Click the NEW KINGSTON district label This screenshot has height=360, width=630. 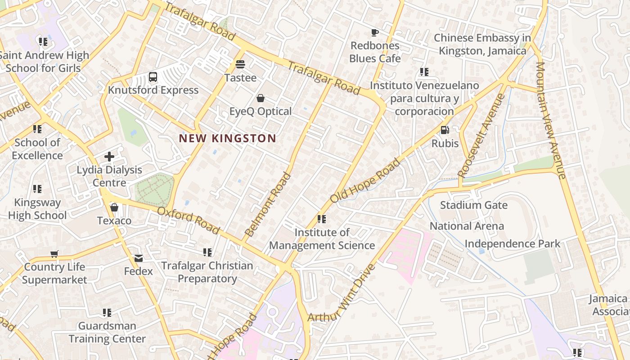coord(227,138)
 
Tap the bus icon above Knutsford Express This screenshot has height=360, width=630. coord(153,77)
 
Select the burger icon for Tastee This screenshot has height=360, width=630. coord(240,64)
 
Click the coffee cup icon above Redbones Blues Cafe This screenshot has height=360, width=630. coord(374,32)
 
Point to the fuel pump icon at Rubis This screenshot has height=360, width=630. coord(445,130)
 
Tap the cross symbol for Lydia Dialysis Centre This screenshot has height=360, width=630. coord(109,157)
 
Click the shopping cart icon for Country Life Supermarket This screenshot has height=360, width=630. coord(54,254)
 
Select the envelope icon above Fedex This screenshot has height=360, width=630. coord(139,258)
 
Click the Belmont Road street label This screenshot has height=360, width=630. coord(268,205)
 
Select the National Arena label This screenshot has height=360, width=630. coord(467,226)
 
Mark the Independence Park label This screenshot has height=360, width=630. coord(512,244)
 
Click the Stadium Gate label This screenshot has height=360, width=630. coord(473,205)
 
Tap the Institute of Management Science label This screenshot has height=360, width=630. coord(322,239)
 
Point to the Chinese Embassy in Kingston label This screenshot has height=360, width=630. coord(482,45)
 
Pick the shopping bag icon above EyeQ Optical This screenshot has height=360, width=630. coord(260,98)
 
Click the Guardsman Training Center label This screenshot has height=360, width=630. coord(107,332)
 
